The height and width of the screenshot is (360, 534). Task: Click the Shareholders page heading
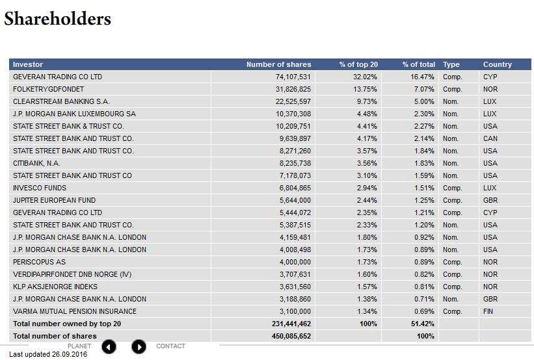(x=58, y=19)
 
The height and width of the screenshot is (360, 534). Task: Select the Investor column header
(x=28, y=64)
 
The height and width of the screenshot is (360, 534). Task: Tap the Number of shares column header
(x=278, y=64)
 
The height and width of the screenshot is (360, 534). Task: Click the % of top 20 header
(x=358, y=64)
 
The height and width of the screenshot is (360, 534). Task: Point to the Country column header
(x=498, y=64)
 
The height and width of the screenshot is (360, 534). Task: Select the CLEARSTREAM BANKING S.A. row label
(x=61, y=101)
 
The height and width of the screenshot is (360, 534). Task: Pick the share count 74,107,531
(x=293, y=77)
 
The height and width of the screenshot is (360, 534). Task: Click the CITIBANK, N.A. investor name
(x=36, y=163)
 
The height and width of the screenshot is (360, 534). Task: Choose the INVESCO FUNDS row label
(x=40, y=188)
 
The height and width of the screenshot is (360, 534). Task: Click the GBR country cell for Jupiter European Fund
(x=490, y=200)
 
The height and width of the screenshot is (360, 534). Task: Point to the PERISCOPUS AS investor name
(x=39, y=262)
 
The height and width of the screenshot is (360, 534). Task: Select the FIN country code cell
(x=489, y=311)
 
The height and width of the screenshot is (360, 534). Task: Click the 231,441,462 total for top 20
(x=291, y=324)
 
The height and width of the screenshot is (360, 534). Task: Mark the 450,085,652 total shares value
(x=291, y=336)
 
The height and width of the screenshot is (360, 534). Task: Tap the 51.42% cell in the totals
(x=423, y=324)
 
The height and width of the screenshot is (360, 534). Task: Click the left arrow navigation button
(x=109, y=347)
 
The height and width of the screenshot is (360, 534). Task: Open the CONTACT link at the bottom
(x=170, y=346)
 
